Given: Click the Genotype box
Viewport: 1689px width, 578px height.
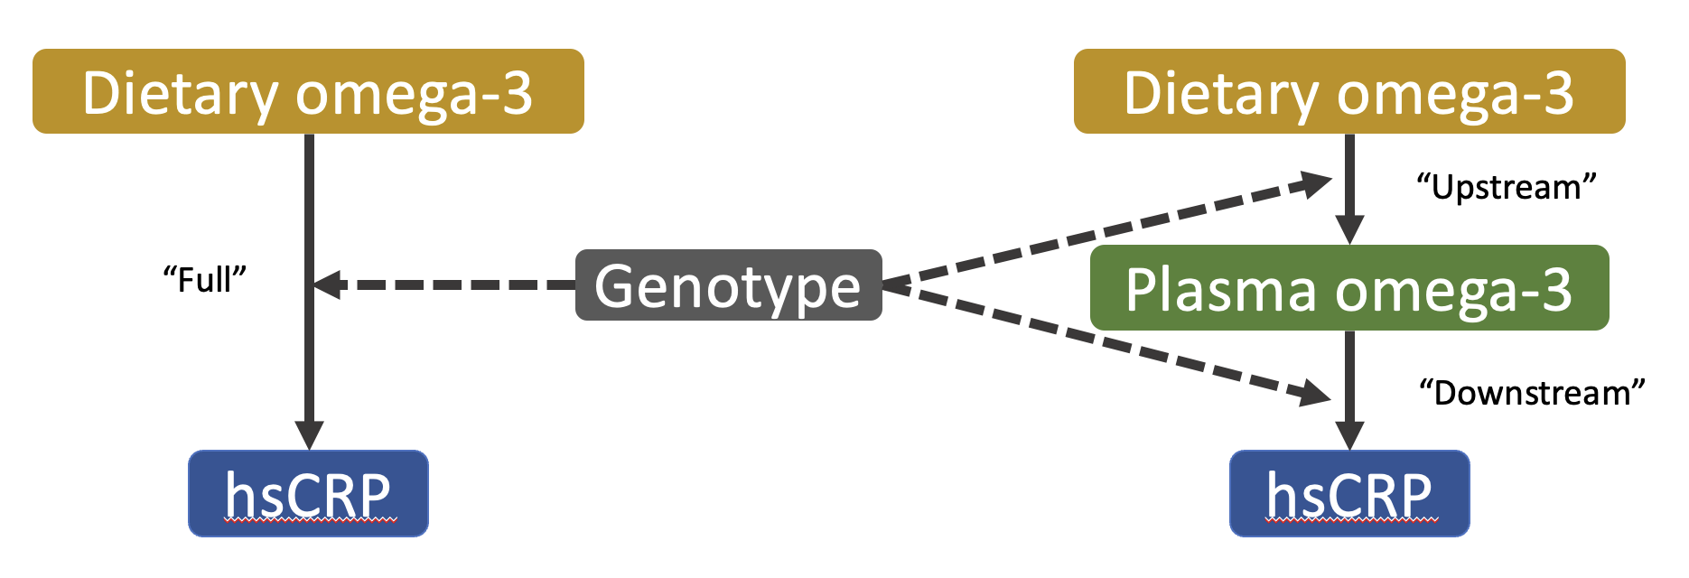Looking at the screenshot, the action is [x=729, y=285].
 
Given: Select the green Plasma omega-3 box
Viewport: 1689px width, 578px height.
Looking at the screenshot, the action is [x=1349, y=287].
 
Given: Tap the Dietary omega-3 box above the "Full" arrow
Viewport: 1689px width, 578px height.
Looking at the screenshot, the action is [x=308, y=91].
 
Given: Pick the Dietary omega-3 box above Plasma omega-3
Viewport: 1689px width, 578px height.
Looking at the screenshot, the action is [x=1349, y=91].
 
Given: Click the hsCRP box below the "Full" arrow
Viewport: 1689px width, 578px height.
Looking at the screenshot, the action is [x=308, y=493].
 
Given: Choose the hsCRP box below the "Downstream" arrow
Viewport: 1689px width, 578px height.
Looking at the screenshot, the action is [x=1349, y=493].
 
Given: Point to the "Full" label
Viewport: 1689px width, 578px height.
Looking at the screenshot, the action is [x=204, y=279].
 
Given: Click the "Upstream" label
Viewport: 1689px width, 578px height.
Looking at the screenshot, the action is [x=1507, y=187].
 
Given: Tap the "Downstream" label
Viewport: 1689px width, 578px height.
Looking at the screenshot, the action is [x=1532, y=393].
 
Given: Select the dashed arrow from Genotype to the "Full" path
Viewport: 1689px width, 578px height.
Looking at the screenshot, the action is [x=444, y=284].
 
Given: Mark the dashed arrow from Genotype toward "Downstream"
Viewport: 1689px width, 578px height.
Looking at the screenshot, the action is [x=1106, y=341].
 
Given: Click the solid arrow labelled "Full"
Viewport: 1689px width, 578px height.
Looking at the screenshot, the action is [x=309, y=292].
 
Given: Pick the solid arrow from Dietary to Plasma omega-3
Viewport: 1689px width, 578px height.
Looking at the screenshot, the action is [x=1349, y=189].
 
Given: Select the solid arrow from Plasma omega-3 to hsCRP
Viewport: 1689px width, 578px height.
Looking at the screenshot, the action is [x=1349, y=390].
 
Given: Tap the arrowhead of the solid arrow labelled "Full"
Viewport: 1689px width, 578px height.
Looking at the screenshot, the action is [x=309, y=435].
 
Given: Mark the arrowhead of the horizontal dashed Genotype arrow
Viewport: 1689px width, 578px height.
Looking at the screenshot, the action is [x=327, y=284].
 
